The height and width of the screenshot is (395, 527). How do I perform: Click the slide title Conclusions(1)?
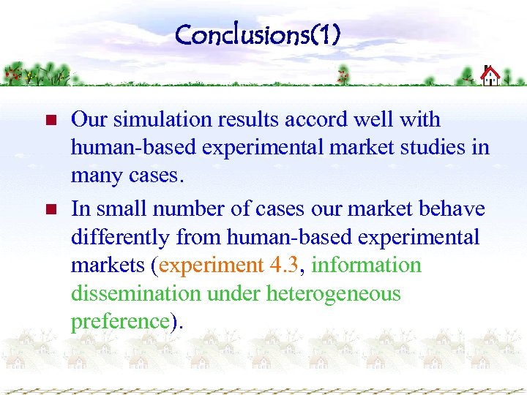click(x=258, y=34)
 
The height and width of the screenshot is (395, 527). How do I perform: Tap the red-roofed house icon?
click(x=490, y=75)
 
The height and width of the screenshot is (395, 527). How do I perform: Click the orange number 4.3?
click(x=285, y=265)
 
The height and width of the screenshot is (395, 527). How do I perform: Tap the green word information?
click(x=366, y=265)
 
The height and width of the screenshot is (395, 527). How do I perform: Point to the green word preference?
click(x=120, y=322)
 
